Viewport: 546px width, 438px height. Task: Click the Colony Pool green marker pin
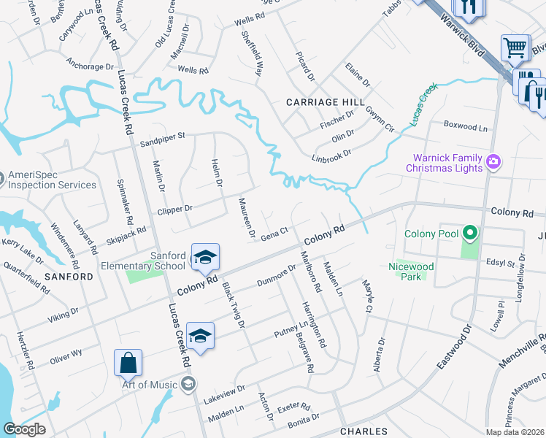click(470, 234)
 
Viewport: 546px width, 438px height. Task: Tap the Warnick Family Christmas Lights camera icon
click(493, 161)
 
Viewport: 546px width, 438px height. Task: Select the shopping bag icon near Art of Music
click(128, 363)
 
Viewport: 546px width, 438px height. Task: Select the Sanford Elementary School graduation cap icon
click(206, 257)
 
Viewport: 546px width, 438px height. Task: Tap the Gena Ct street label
click(275, 232)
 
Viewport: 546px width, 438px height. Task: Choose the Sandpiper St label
click(164, 136)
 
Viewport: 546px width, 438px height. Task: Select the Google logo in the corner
click(24, 429)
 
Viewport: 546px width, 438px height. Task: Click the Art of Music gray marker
click(189, 385)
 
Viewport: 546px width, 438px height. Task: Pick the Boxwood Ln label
click(465, 126)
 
